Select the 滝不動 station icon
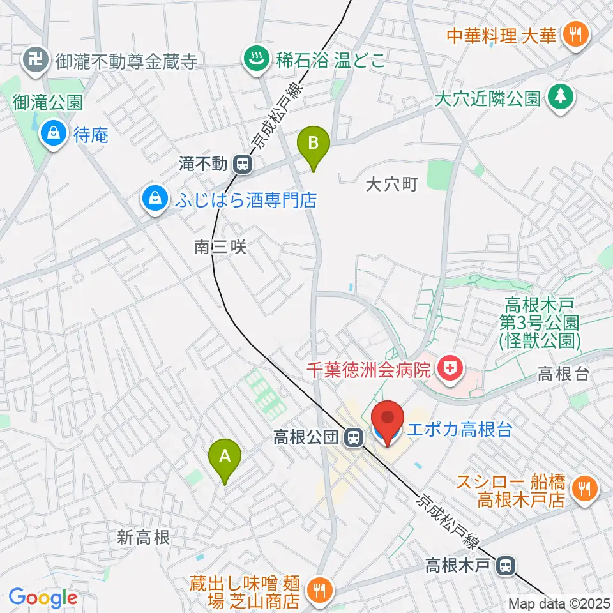tap(242, 165)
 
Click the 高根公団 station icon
tap(351, 437)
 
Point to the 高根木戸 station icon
tap(506, 565)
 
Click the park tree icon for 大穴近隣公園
tap(560, 97)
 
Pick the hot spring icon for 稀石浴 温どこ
tap(257, 61)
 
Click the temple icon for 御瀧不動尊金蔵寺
tap(33, 61)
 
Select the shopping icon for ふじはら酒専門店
tap(155, 201)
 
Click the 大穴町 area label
tap(391, 185)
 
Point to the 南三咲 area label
tap(220, 247)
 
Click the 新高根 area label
tap(143, 538)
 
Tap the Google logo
tap(43, 598)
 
